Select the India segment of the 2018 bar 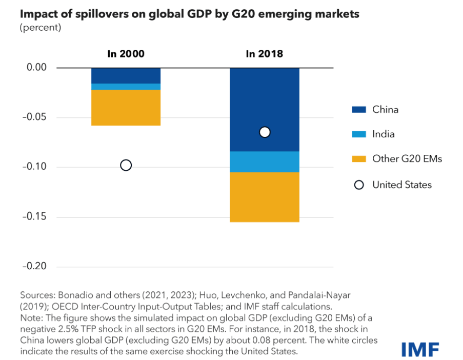264,162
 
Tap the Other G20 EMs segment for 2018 264,197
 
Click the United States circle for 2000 126,165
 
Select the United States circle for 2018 265,132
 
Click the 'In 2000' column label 126,53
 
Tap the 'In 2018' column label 265,53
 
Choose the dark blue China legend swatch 359,109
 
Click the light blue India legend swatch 359,134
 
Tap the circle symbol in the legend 359,185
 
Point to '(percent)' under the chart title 41,28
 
